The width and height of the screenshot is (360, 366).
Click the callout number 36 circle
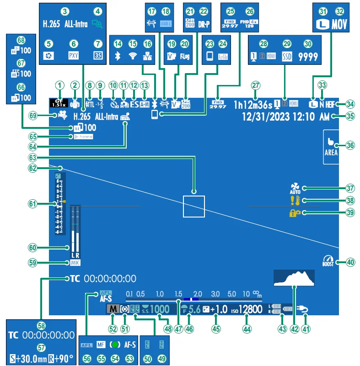tap(350, 145)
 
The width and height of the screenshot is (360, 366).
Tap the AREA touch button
tap(331, 146)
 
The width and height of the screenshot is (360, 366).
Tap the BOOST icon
tap(328, 261)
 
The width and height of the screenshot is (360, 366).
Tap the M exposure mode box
tap(112, 309)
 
